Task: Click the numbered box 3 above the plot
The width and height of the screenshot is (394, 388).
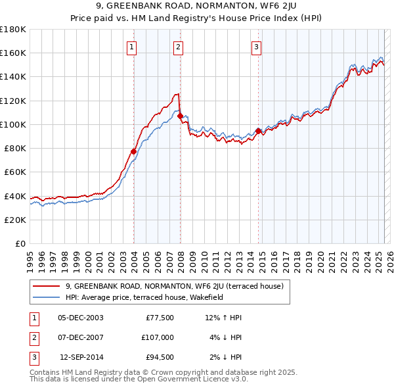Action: tap(256, 47)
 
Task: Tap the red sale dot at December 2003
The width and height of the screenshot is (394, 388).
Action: tap(133, 151)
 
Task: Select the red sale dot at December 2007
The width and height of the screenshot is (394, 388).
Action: tap(180, 116)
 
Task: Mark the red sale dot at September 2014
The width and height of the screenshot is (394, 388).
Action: tap(258, 131)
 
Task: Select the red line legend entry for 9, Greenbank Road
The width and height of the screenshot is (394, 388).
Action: tap(174, 286)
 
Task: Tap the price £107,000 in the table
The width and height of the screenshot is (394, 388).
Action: tap(157, 337)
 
